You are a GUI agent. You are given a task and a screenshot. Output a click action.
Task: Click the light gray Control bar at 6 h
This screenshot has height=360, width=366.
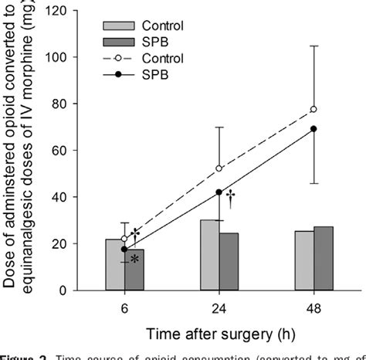pos(114,265)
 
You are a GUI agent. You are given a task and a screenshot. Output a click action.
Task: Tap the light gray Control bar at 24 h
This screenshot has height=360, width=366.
pos(209,256)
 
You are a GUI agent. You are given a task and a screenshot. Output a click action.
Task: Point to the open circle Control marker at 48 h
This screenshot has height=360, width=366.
pos(313,110)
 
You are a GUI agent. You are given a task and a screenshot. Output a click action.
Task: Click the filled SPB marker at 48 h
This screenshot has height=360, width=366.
pos(313,129)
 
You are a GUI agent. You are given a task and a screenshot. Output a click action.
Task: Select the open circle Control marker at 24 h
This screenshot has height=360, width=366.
pos(219,168)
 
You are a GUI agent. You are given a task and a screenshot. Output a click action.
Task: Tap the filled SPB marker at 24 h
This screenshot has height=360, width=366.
pos(219,192)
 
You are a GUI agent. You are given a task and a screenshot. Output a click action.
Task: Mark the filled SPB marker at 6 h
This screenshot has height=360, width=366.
pos(124,249)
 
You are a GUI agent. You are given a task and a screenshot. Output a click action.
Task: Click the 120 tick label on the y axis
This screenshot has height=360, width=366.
pos(67,11)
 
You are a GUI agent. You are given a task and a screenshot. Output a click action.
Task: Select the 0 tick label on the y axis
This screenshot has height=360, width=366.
pos(75,291)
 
